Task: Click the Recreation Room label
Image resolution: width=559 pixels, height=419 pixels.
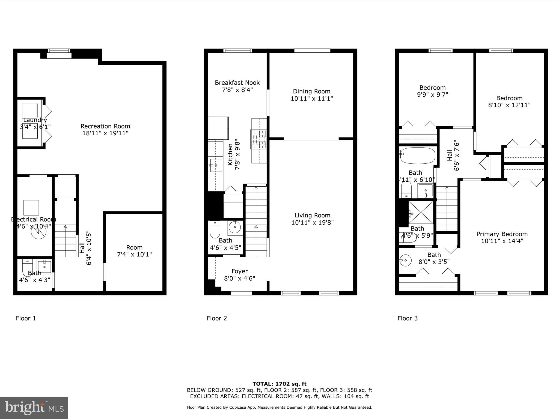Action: click(x=105, y=126)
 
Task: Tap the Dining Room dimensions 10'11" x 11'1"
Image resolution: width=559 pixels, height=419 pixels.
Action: click(x=312, y=98)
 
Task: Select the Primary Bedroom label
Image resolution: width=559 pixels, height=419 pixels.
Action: click(x=502, y=234)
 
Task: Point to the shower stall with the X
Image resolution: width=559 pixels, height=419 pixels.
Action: click(x=421, y=213)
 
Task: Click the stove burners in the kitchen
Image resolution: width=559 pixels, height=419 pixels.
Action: click(x=258, y=139)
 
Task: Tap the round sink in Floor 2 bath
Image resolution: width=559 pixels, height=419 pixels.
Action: click(x=234, y=227)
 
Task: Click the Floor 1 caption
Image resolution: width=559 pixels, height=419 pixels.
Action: click(x=26, y=318)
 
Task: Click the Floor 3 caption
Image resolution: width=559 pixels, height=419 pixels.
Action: click(x=408, y=318)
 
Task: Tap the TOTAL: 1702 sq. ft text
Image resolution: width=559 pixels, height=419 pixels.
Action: click(x=279, y=384)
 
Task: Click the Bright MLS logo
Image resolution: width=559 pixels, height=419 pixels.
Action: click(x=34, y=408)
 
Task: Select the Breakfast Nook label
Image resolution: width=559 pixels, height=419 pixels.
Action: click(x=237, y=83)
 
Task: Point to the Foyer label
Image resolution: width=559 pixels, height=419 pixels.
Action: click(x=239, y=271)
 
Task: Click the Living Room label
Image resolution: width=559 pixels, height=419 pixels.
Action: click(x=312, y=215)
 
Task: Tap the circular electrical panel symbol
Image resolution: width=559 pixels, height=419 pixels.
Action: click(x=38, y=231)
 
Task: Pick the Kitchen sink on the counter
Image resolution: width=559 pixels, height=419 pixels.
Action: click(x=216, y=165)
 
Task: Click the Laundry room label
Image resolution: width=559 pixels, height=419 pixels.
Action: click(x=35, y=120)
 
